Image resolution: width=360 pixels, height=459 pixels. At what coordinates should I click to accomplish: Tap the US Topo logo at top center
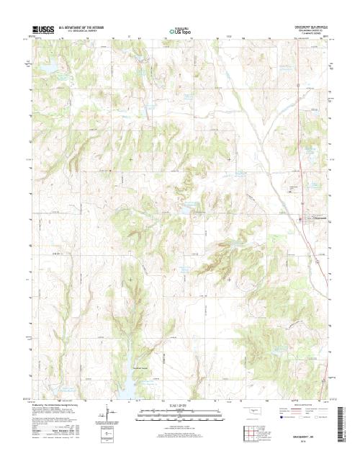(180, 32)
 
